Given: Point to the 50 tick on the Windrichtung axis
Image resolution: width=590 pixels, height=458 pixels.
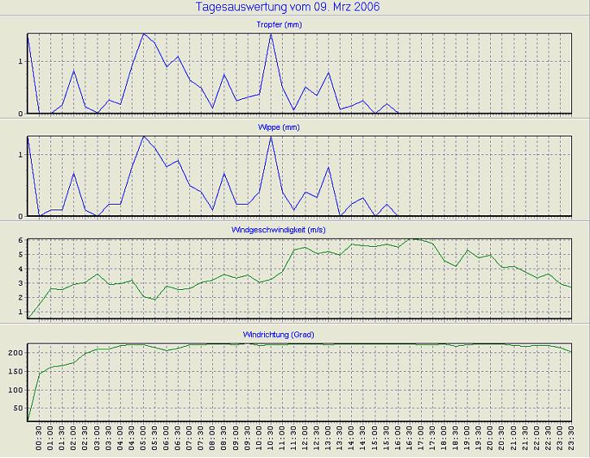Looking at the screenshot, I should point(17,408).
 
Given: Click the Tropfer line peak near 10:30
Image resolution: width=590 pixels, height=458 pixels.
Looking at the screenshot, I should point(271,34).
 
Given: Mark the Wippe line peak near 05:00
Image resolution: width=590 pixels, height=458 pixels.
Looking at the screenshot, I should point(144,136).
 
